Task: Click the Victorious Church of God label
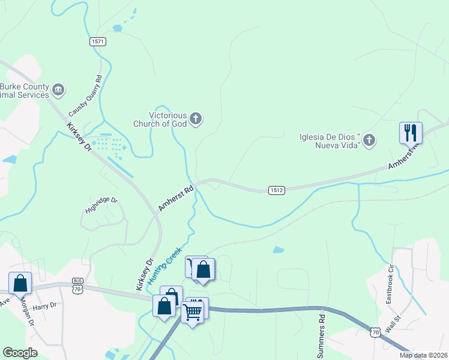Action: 160,119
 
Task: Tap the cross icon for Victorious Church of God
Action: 196,119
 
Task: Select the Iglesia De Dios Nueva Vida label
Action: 330,140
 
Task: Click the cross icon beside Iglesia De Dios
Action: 369,140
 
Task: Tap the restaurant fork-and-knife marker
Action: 411,132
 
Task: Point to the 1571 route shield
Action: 98,41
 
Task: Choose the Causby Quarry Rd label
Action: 85,95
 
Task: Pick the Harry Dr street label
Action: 44,305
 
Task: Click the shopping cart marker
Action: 193,311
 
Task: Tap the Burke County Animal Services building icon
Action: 58,91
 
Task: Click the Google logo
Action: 20,353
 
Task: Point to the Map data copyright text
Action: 423,355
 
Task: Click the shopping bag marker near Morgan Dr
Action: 20,283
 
